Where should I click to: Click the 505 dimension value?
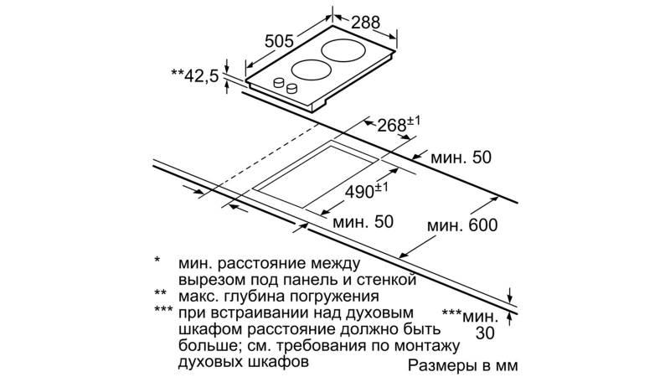click(280, 41)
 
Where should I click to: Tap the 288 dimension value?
click(365, 23)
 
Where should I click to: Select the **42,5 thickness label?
click(195, 75)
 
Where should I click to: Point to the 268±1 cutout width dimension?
click(399, 124)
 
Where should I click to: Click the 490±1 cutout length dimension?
click(367, 191)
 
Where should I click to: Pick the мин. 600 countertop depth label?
click(462, 225)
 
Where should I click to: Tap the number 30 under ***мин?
click(485, 333)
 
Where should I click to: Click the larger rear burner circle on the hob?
click(343, 50)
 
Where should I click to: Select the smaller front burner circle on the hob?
click(312, 70)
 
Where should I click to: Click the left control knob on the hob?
click(279, 82)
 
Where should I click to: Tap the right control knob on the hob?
click(292, 88)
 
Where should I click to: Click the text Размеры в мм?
click(463, 366)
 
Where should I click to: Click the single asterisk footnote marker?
click(157, 260)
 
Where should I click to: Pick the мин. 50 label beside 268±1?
click(461, 158)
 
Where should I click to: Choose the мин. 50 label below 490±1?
click(363, 222)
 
